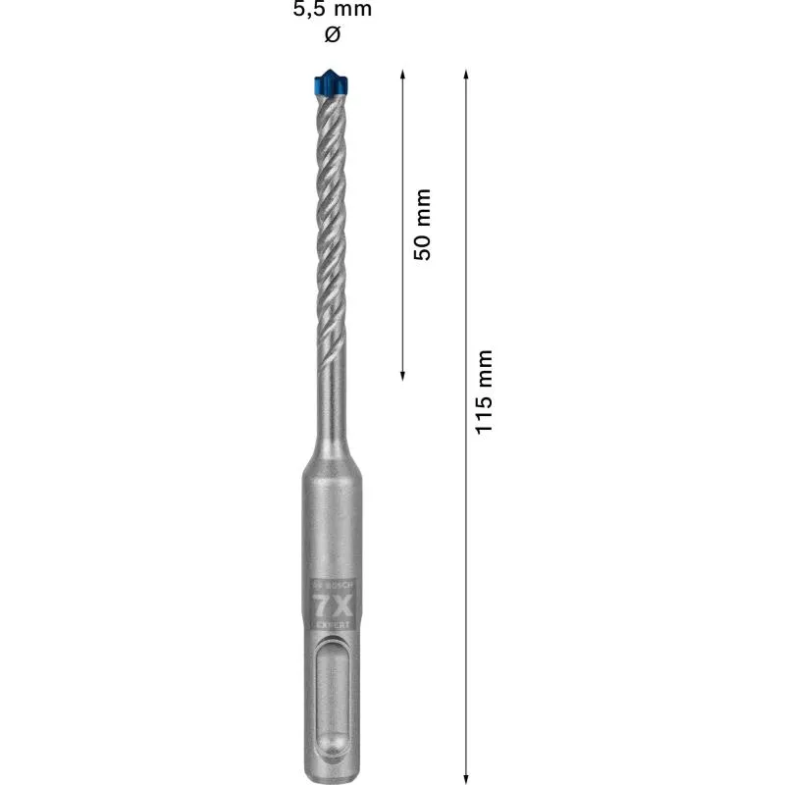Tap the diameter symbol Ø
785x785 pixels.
tap(332, 35)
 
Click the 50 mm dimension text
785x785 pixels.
tap(423, 225)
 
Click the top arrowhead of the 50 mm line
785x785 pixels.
tap(403, 73)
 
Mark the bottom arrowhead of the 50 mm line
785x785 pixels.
tap(403, 377)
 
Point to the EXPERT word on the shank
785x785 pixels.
tap(333, 623)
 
